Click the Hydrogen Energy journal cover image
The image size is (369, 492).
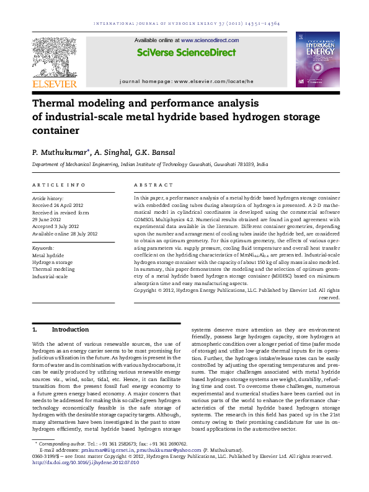pos(318,59)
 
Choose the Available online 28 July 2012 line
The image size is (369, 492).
pos(64,234)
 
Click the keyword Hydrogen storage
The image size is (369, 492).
pos(53,262)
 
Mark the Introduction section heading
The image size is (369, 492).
pos(70,330)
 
